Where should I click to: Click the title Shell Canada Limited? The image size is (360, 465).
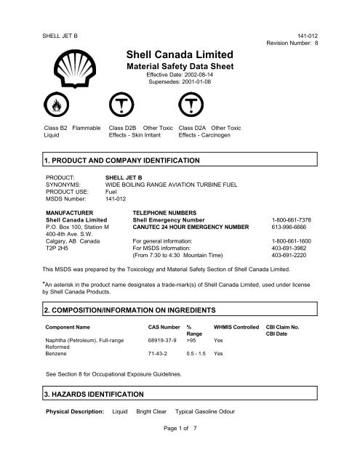179,54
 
